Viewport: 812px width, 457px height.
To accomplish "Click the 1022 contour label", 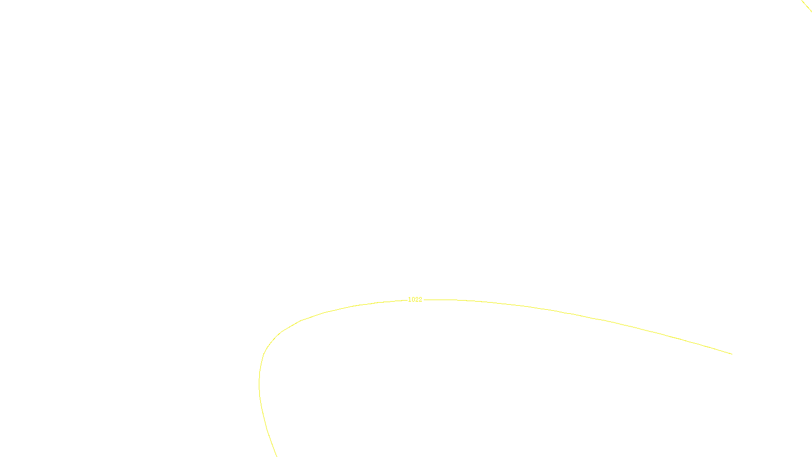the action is (415, 300).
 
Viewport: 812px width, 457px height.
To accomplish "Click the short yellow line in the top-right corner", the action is (807, 6).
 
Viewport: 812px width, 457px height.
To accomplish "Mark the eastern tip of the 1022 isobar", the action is (731, 354).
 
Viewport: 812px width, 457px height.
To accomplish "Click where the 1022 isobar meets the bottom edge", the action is (277, 456).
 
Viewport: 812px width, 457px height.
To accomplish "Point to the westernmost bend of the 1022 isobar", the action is (259, 383).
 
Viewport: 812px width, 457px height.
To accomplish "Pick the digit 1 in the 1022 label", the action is (410, 300).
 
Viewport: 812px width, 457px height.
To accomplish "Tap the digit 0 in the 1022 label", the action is (413, 300).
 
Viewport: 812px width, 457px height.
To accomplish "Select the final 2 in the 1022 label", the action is (420, 300).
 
